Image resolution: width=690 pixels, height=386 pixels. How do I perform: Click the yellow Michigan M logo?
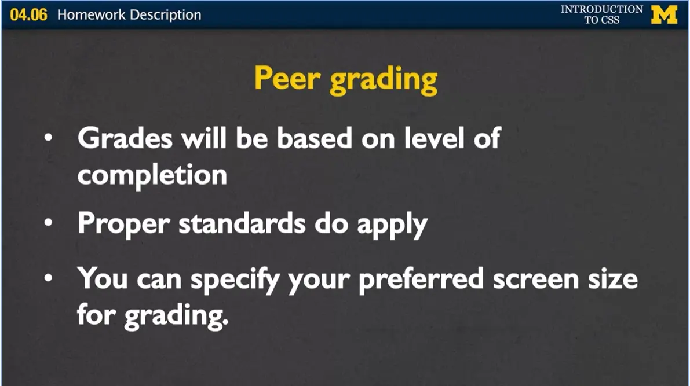[665, 14]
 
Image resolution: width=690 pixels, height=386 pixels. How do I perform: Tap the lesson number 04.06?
[28, 14]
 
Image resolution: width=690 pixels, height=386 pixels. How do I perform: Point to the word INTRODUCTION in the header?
[602, 9]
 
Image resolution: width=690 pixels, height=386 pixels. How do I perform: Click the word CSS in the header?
[610, 20]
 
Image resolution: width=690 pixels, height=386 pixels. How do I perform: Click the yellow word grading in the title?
[384, 81]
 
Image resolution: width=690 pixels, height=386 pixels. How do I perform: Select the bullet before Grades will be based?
[48, 139]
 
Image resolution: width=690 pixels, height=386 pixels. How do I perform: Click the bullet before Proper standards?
[48, 223]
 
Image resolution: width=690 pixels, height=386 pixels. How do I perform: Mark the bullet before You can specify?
[48, 279]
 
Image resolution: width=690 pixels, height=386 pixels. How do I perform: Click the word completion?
[152, 175]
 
